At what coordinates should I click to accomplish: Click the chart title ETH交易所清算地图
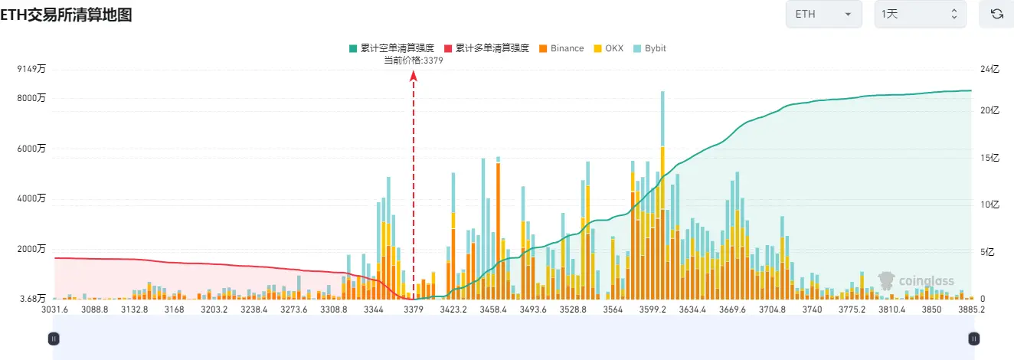pyautogui.click(x=67, y=14)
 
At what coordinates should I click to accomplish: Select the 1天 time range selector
pyautogui.click(x=920, y=14)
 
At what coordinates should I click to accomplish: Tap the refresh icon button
pyautogui.click(x=996, y=14)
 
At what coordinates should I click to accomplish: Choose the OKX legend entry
pyautogui.click(x=609, y=48)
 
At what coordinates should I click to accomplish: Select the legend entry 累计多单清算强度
pyautogui.click(x=487, y=48)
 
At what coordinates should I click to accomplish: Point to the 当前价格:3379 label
pyautogui.click(x=413, y=61)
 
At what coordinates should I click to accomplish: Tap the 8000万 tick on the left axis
pyautogui.click(x=31, y=98)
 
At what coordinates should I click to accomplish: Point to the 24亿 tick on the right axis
pyautogui.click(x=990, y=70)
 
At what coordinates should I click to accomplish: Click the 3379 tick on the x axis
pyautogui.click(x=414, y=309)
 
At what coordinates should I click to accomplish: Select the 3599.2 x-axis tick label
pyautogui.click(x=653, y=309)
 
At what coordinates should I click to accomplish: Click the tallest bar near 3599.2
pyautogui.click(x=662, y=191)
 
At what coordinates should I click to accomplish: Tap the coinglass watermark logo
pyautogui.click(x=916, y=281)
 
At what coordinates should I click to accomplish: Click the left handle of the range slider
pyautogui.click(x=54, y=338)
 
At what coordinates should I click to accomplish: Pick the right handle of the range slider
pyautogui.click(x=973, y=338)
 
